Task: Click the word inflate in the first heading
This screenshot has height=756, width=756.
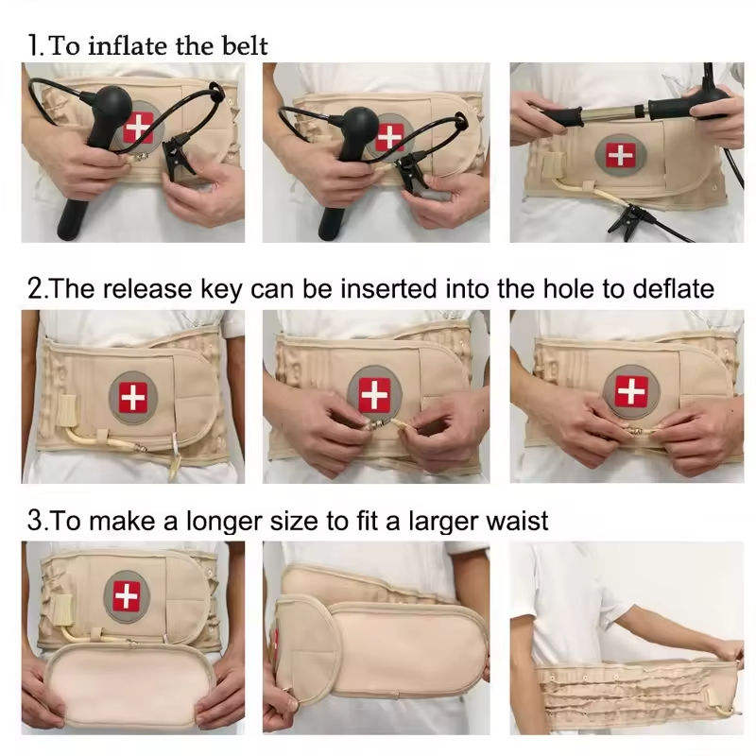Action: click(x=128, y=45)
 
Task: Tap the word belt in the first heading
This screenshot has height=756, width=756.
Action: click(x=245, y=45)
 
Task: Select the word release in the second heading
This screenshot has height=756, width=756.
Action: click(x=147, y=289)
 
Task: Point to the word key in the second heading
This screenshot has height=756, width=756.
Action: click(x=221, y=290)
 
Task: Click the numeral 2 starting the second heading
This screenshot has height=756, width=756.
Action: click(x=35, y=289)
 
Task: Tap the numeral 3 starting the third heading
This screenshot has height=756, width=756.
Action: click(x=35, y=522)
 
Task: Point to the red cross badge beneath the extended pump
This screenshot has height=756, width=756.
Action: click(x=620, y=155)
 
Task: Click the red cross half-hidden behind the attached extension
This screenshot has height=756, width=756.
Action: click(x=276, y=642)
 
